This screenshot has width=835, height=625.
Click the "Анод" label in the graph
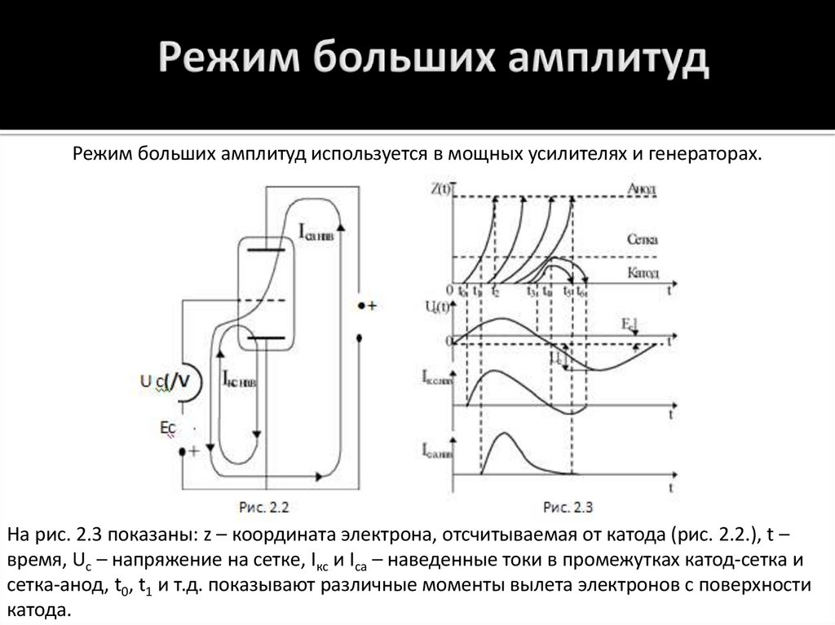pos(642,189)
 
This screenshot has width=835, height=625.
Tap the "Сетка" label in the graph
pos(643,241)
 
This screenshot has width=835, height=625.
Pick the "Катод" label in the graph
pos(643,273)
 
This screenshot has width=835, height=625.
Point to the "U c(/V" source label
pos(170,379)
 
